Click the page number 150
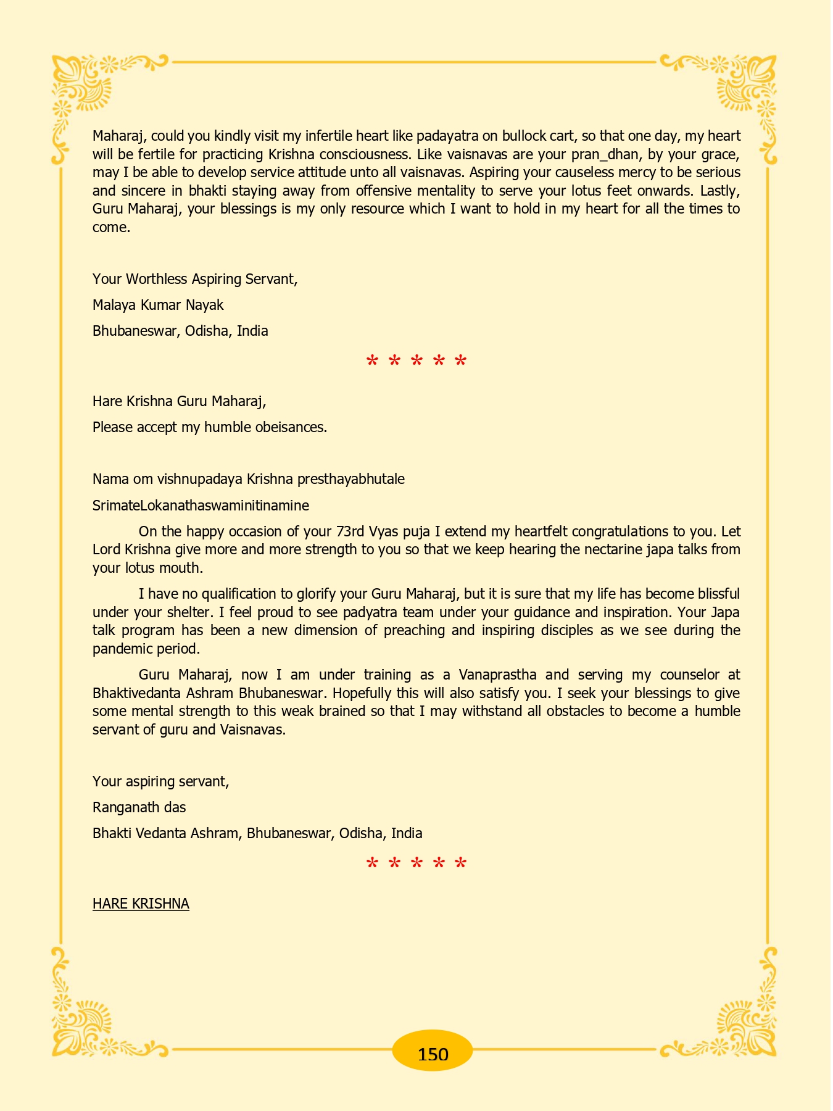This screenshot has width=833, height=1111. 433,1054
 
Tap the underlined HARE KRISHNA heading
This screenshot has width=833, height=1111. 141,904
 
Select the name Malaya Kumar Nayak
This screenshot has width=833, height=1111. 158,305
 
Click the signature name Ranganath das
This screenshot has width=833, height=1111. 139,807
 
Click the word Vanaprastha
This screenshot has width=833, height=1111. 497,675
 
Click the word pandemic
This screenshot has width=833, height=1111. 121,649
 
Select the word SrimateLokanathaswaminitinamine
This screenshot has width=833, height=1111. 201,506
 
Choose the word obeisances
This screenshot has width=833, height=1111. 291,427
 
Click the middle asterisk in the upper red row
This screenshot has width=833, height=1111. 416,361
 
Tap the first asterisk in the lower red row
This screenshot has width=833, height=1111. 372,863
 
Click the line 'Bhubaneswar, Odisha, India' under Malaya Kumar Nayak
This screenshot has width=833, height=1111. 180,331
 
